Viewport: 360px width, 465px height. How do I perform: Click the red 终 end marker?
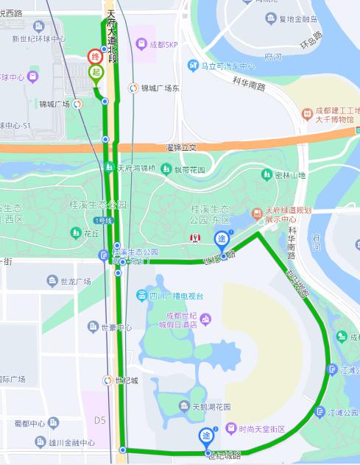pos(95,57)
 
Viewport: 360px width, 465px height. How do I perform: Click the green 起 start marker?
pos(95,71)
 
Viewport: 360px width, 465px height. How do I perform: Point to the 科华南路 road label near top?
pos(248,85)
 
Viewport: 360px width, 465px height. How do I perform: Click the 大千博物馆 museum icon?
pos(307,114)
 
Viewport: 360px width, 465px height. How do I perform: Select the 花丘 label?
pos(91,233)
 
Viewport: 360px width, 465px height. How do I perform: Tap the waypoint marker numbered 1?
pos(222,239)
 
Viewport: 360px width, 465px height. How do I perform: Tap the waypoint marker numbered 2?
pos(207,436)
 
